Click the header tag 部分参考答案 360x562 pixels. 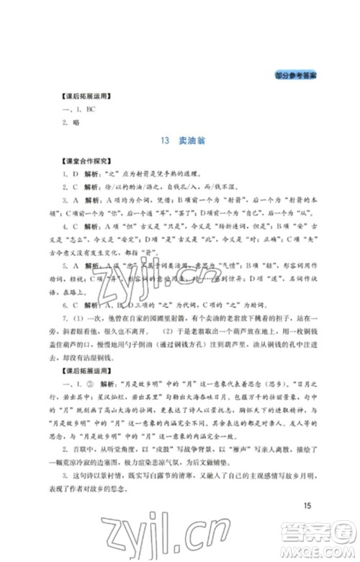tap(296, 75)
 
